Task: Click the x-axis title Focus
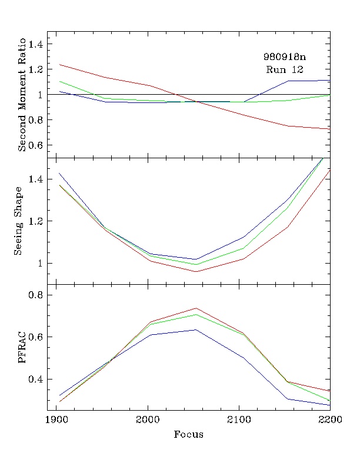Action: click(189, 435)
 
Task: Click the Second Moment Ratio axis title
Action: click(22, 95)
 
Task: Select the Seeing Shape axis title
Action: click(19, 221)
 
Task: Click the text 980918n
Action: click(285, 58)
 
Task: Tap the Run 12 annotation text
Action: click(284, 69)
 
